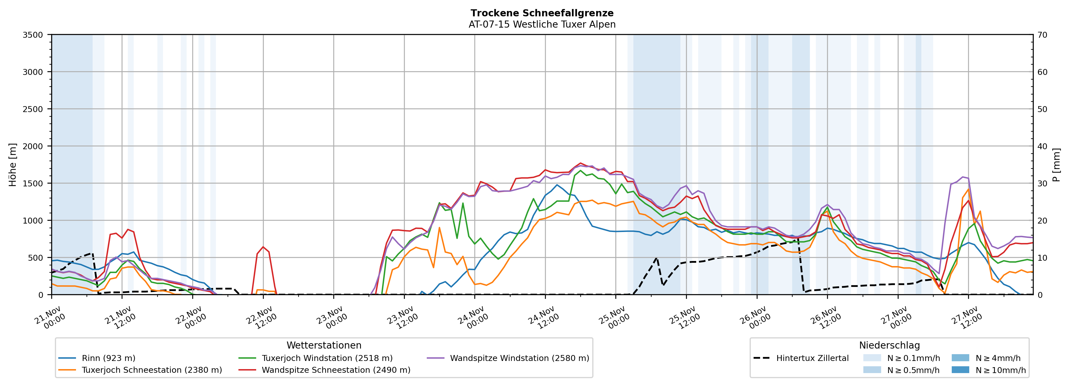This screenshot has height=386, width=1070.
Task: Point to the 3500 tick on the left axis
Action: (33, 35)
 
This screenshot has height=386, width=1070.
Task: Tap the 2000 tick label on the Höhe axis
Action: (33, 146)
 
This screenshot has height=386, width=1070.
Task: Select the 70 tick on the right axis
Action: (1042, 35)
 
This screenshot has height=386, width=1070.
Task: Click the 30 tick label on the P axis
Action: (1042, 183)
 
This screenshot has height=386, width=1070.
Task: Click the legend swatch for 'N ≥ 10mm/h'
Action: (960, 370)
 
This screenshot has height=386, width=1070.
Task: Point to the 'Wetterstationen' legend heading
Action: (324, 345)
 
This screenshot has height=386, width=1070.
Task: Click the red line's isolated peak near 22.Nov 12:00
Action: (263, 247)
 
